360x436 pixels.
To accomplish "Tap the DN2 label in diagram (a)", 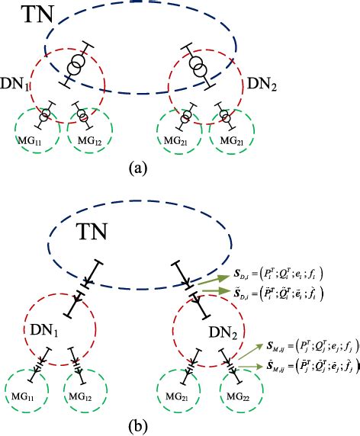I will point(260,86).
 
